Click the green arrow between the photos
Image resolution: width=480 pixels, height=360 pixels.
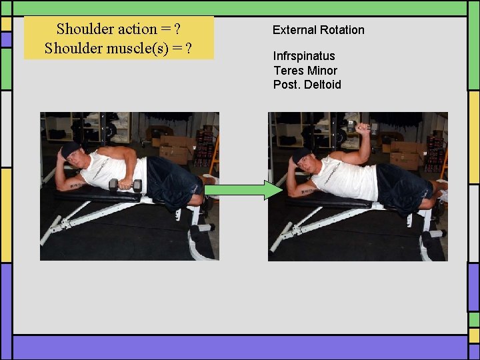[x=244, y=190]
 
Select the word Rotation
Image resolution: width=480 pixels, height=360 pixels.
[x=343, y=30]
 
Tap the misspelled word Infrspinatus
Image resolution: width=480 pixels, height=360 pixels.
[x=304, y=56]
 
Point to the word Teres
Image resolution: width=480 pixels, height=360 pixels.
[x=288, y=71]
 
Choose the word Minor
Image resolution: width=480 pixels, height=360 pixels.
[x=322, y=71]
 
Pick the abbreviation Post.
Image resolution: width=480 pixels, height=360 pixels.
[x=285, y=85]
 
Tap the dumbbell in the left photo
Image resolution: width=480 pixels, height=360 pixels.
[x=126, y=185]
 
